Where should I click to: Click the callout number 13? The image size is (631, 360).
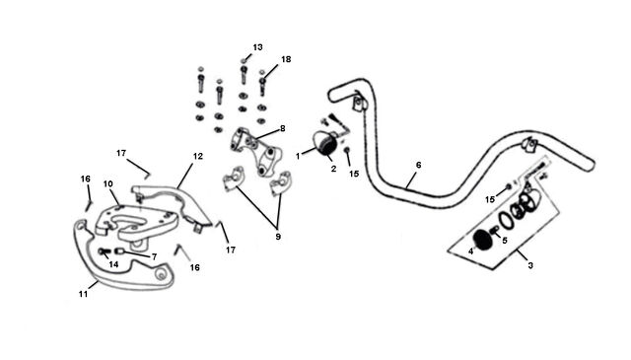pos(257,47)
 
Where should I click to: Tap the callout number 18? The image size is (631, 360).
pos(286,59)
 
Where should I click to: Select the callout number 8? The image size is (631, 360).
pos(283,128)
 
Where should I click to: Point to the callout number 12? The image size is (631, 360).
pos(198,156)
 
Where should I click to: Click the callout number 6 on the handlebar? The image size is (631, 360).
pos(418,165)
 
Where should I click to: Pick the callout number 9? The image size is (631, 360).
pos(278,237)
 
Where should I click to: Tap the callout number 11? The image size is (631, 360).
pos(83,294)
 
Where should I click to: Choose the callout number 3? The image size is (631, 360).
pos(530,265)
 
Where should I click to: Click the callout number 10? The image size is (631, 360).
pos(107,184)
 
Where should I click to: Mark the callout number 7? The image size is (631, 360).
pos(154,256)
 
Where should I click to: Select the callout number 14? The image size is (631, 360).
pos(113,264)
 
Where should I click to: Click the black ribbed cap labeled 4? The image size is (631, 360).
pos(481,240)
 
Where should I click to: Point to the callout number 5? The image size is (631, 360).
pos(504,241)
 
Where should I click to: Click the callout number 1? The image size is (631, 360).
pos(298,156)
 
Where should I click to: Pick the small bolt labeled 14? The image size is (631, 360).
pos(104,252)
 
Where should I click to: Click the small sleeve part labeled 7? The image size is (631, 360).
pos(118,252)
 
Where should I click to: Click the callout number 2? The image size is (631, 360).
pos(333,169)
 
